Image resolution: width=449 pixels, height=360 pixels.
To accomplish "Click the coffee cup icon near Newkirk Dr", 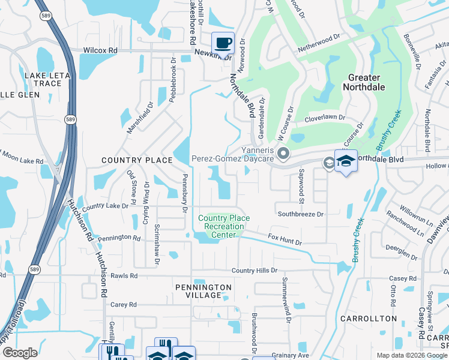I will pyautogui.click(x=223, y=43).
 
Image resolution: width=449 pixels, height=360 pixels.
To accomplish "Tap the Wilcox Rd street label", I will pyautogui.click(x=100, y=50).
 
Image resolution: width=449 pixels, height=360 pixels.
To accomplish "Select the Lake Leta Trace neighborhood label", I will pyautogui.click(x=43, y=79).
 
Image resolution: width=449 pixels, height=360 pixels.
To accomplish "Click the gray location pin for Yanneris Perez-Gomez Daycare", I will pyautogui.click(x=283, y=154).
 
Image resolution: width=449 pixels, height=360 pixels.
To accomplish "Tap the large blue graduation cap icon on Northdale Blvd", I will pyautogui.click(x=346, y=161).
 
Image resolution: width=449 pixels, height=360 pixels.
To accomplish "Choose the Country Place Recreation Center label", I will pyautogui.click(x=224, y=227).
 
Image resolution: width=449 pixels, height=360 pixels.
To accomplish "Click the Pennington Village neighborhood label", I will pyautogui.click(x=203, y=292).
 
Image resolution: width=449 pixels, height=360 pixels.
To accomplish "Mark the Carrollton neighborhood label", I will pyautogui.click(x=369, y=318).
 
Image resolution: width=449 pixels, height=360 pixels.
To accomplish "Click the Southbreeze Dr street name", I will pyautogui.click(x=300, y=214).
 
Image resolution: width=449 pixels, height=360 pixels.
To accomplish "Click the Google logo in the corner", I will pyautogui.click(x=20, y=353).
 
